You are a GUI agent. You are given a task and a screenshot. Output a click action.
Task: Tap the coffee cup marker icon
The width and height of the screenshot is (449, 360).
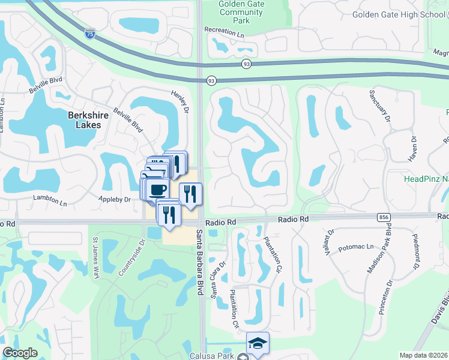[157, 190]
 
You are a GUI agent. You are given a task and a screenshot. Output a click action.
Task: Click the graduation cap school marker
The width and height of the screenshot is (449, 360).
[258, 343]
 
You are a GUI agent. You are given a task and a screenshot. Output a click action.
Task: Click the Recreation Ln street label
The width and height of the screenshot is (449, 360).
[224, 29]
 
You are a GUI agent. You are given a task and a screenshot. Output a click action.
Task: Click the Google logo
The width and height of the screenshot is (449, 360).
[20, 353]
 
